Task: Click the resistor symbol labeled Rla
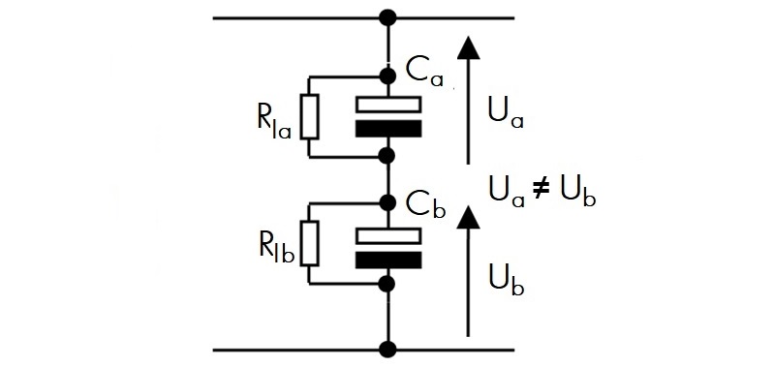click(310, 117)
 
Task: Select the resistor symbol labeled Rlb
click(310, 243)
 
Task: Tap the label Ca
click(424, 74)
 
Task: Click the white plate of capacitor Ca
click(388, 105)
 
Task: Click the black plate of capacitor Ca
click(388, 129)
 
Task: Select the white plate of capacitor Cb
click(388, 235)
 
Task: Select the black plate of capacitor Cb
click(388, 260)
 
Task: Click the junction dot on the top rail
click(388, 18)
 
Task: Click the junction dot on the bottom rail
click(388, 350)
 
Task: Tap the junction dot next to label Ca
click(388, 77)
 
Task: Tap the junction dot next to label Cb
click(388, 202)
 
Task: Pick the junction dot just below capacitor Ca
click(388, 156)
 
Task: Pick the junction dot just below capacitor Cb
click(388, 283)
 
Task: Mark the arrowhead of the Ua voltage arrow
click(468, 48)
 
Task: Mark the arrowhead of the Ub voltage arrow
click(468, 216)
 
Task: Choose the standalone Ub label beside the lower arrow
click(507, 280)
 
